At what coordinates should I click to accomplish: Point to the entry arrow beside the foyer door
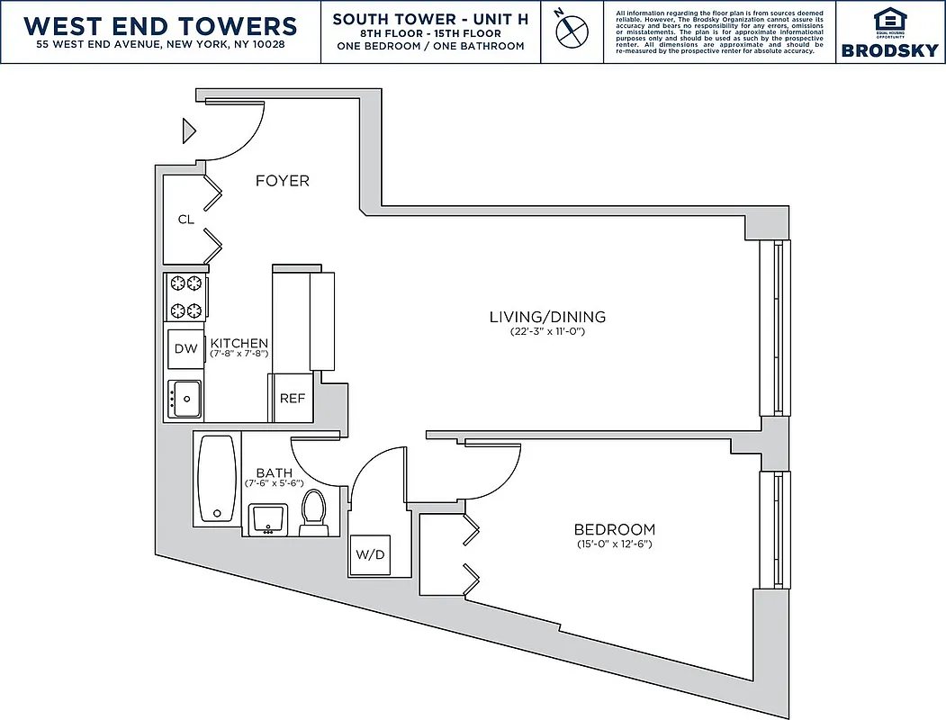[189, 130]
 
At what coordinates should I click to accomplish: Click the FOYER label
[282, 181]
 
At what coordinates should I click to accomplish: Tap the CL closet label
[185, 219]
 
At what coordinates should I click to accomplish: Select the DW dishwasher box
[185, 349]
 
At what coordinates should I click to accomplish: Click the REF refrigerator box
[293, 398]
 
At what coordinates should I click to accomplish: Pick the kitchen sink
[185, 399]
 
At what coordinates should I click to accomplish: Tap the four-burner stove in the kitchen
[185, 297]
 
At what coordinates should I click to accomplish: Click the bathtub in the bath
[216, 479]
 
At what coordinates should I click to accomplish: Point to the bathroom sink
[267, 518]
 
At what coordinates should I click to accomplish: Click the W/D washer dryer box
[369, 554]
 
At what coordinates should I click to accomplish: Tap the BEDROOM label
[615, 529]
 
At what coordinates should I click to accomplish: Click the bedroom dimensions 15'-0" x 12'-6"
[615, 544]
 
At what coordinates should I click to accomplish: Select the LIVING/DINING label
[547, 317]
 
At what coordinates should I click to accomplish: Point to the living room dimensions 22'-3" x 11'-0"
[547, 332]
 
